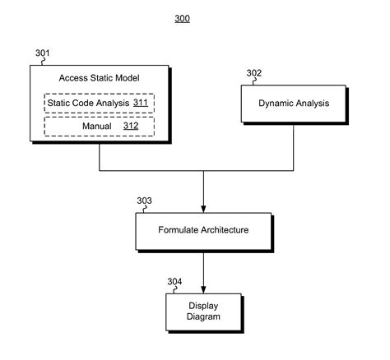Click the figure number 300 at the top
[183, 19]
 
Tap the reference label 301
[43, 53]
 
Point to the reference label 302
[254, 73]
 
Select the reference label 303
[144, 201]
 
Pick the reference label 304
[174, 282]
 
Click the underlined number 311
[141, 103]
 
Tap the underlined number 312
[131, 126]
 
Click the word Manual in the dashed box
[97, 126]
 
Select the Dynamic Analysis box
[294, 104]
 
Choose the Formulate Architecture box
[203, 231]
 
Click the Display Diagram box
[203, 312]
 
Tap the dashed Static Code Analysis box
[100, 103]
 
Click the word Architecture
[225, 230]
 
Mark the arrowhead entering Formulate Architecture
[203, 209]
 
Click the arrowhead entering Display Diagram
[203, 290]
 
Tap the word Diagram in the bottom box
[203, 316]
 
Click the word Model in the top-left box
[128, 78]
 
